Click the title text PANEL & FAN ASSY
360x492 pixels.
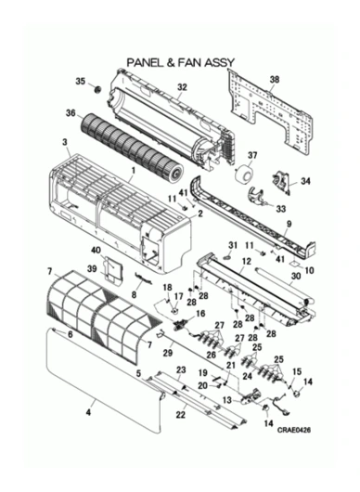(180, 62)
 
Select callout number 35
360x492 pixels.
(80, 83)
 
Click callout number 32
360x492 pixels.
(183, 87)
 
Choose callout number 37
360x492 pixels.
(252, 154)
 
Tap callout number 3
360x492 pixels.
(64, 141)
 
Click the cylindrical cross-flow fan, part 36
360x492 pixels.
(130, 139)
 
